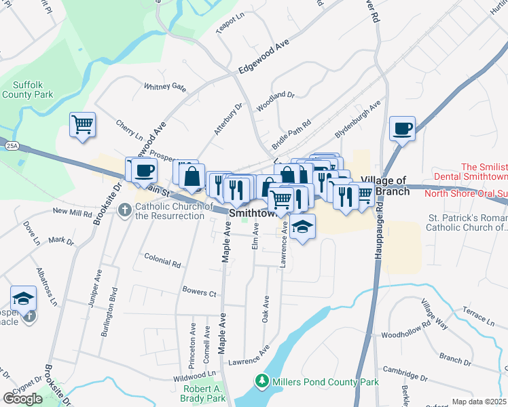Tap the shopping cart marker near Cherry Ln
tap(82, 124)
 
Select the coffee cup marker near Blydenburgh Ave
tap(402, 128)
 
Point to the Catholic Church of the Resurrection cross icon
tap(124, 210)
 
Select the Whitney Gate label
tap(164, 87)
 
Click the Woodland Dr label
tap(275, 101)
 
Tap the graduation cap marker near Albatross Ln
tap(23, 298)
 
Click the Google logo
tap(23, 398)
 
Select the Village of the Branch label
tap(385, 185)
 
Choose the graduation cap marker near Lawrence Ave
tap(303, 226)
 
